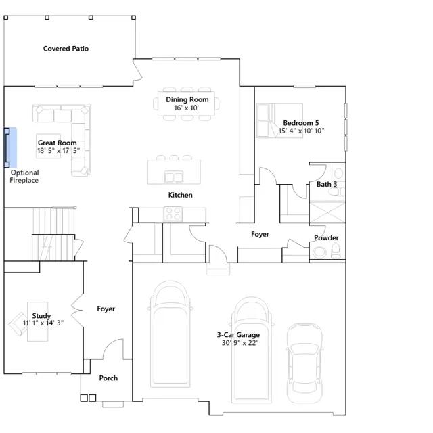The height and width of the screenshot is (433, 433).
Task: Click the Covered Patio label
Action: coord(66,49)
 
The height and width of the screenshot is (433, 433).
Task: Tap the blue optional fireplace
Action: coord(10,147)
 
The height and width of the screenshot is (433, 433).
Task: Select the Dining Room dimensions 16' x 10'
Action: coord(187,108)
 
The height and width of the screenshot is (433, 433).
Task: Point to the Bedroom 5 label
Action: coord(300,123)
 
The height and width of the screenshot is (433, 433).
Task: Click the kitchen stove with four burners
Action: coord(173,214)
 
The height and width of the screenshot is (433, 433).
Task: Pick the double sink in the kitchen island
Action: coord(174,177)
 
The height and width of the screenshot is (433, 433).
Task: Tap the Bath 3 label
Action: coord(327,184)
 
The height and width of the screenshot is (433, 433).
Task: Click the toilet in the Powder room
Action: coord(336,250)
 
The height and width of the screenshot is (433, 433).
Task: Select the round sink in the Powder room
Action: coord(319,252)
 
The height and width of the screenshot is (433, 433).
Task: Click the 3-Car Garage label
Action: coord(238,335)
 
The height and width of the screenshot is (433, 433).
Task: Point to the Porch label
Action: coord(108,378)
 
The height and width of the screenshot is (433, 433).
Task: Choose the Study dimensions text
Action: coord(43,323)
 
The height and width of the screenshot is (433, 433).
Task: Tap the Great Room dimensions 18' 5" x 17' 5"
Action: coord(59,150)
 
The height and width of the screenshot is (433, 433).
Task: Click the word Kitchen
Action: coord(181,195)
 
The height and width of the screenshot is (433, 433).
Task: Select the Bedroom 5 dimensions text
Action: coord(301,131)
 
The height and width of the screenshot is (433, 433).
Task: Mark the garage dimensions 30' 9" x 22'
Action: coord(240,343)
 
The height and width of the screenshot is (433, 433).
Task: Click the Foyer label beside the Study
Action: coord(106,309)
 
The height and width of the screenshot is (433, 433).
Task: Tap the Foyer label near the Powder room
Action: coord(260,235)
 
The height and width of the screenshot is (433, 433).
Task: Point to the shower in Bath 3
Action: coord(327,212)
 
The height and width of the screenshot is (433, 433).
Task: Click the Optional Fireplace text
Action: coord(24,177)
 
